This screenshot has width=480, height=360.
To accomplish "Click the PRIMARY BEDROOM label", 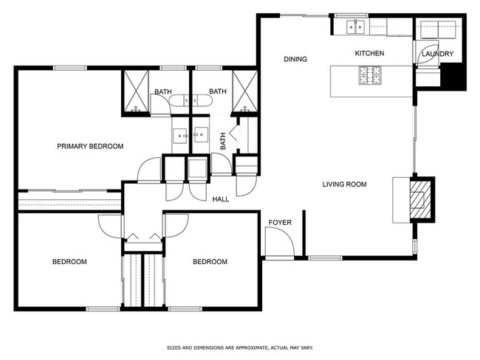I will click(90, 146).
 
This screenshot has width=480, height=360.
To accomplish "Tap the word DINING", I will click(295, 59).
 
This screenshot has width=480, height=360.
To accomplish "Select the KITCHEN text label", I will click(368, 53).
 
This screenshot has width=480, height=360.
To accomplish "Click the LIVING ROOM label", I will click(344, 184).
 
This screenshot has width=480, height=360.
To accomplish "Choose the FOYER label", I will click(279, 221).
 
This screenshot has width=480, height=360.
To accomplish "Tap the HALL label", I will click(220, 199).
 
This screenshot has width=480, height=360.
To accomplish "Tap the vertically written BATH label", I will click(222, 140).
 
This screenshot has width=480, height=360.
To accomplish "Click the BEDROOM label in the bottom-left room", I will click(69, 262).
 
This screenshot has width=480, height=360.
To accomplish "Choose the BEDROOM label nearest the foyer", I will click(210, 262).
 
